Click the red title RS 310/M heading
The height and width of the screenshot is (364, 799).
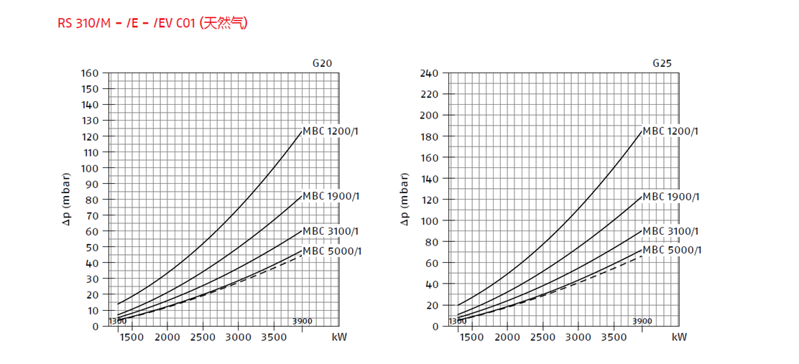(152, 23)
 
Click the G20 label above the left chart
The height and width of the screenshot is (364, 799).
(322, 63)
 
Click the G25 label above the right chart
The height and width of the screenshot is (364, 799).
(662, 63)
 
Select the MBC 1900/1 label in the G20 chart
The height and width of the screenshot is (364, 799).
(331, 196)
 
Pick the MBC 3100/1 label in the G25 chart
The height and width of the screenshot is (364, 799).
(670, 231)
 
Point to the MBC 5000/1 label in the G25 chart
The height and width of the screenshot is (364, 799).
(671, 250)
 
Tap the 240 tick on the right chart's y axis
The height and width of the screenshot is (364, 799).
(429, 73)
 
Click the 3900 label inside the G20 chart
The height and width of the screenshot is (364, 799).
(302, 321)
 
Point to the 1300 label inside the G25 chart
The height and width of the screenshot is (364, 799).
(458, 321)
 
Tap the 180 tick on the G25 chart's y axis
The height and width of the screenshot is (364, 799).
(429, 136)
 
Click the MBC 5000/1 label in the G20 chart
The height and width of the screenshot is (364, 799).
(331, 251)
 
